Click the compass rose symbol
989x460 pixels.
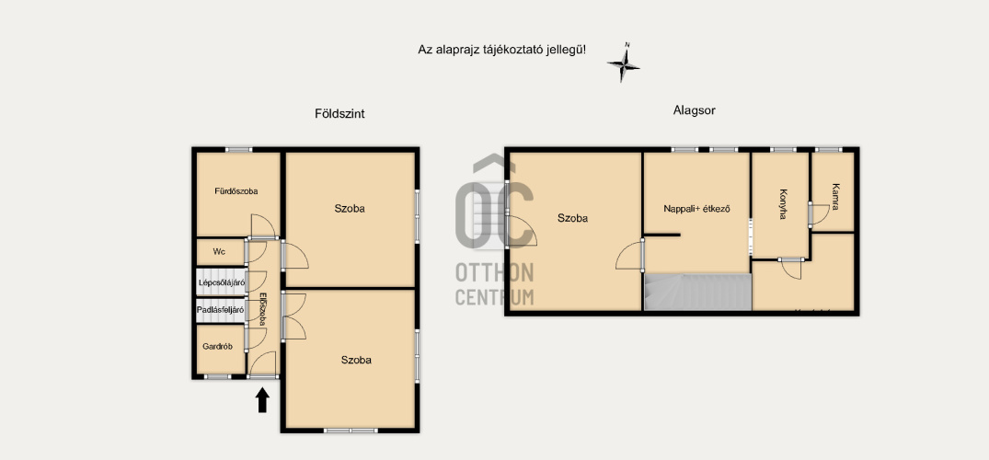[623, 64]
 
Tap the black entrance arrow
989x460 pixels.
[262, 400]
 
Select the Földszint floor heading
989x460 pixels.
[339, 114]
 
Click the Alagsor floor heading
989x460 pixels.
[694, 110]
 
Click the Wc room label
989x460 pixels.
[219, 252]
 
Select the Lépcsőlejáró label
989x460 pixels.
[222, 282]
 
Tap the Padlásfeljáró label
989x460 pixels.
[221, 310]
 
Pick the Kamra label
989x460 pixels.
[835, 196]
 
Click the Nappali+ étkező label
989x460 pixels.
[697, 208]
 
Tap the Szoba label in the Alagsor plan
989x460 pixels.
[573, 218]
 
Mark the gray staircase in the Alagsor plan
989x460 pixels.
[698, 292]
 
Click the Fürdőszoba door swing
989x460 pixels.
[263, 226]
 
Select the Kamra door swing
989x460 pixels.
[820, 214]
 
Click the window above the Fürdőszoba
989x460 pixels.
[238, 150]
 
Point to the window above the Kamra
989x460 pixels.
[828, 150]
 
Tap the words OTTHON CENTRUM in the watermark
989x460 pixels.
[495, 284]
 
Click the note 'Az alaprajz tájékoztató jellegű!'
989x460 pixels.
[502, 49]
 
